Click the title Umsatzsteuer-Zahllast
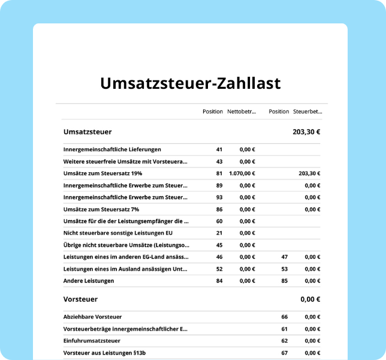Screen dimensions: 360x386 (x=190, y=83)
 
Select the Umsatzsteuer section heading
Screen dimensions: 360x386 (x=87, y=131)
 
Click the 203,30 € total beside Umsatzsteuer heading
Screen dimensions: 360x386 (x=306, y=131)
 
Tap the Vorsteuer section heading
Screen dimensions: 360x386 (x=80, y=299)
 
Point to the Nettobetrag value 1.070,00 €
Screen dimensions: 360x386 (x=242, y=173)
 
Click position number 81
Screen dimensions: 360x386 (x=219, y=173)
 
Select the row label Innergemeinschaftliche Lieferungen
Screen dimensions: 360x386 (x=112, y=149)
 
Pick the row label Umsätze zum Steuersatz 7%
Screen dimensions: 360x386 (x=101, y=209)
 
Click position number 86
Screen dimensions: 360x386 (x=219, y=209)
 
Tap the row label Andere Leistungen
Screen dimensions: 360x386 (x=89, y=281)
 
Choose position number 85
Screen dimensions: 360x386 (x=285, y=281)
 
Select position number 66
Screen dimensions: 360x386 (x=285, y=317)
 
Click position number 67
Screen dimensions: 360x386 (x=285, y=353)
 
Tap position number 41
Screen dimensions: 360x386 (x=219, y=149)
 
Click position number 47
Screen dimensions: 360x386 (x=285, y=257)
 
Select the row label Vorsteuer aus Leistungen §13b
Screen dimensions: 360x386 (x=104, y=353)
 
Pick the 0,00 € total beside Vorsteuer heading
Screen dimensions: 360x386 (x=310, y=299)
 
